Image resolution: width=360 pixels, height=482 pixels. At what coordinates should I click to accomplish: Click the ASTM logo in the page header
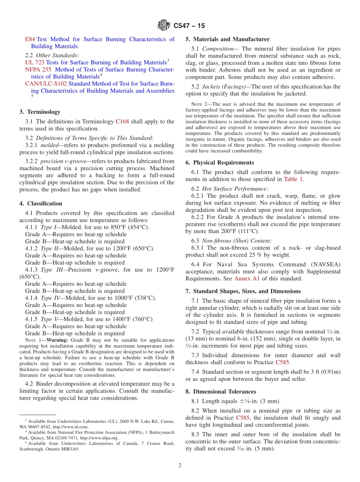click(164, 25)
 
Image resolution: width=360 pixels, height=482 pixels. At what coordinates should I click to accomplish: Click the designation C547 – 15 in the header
click(189, 26)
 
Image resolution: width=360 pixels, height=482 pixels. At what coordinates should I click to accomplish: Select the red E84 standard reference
click(30, 39)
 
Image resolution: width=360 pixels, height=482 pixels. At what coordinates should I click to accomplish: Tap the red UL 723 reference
click(34, 62)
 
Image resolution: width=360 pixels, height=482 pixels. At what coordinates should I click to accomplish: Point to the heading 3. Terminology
click(40, 112)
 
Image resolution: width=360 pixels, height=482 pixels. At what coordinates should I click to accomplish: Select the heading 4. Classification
click(41, 203)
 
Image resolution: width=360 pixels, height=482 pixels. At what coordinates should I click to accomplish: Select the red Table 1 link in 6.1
click(293, 179)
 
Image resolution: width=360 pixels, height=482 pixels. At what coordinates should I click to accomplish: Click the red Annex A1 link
click(247, 279)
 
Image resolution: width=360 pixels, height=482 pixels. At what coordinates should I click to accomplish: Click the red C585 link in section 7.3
click(283, 362)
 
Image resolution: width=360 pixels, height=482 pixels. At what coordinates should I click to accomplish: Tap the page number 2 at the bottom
click(180, 465)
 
